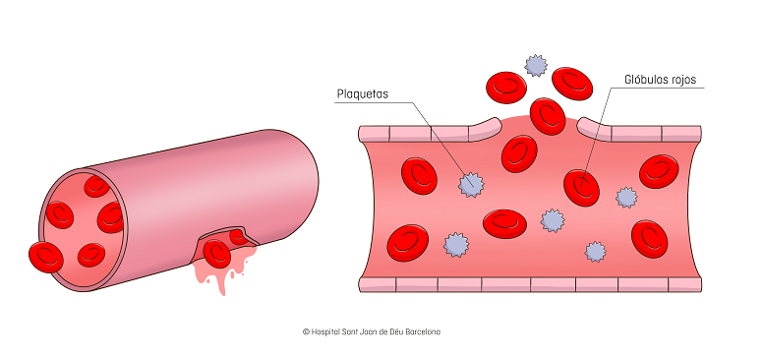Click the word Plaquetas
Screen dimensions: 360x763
point(363,94)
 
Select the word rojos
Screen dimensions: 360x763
point(687,79)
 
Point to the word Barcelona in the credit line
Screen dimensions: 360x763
point(420,331)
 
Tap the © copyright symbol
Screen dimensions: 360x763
point(306,331)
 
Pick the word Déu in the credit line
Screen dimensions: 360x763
point(390,331)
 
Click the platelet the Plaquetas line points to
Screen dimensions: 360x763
point(473,183)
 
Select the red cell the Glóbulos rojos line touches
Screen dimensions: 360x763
point(581,187)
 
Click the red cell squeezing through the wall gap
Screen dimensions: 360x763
point(546,115)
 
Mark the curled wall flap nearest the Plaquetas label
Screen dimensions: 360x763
point(484,125)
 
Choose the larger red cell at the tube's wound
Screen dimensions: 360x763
point(216,254)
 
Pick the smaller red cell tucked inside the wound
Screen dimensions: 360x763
point(239,237)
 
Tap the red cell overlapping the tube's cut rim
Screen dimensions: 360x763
point(45,258)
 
